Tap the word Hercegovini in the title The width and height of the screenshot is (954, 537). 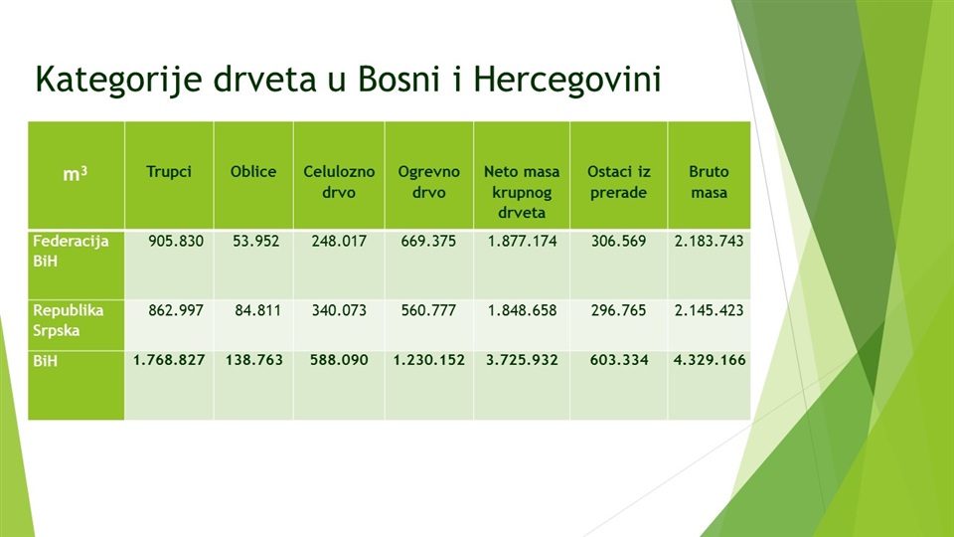click(x=567, y=80)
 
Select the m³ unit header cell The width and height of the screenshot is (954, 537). click(x=76, y=174)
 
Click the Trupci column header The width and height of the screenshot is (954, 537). click(x=169, y=172)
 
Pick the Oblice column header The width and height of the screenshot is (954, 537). click(x=253, y=172)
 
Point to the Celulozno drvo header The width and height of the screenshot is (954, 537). click(x=339, y=182)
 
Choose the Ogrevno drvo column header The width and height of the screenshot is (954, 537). click(x=429, y=182)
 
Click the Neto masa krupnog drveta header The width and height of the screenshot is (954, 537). click(x=522, y=192)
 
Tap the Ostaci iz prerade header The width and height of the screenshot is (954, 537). click(x=619, y=182)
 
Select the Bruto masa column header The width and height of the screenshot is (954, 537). click(x=709, y=182)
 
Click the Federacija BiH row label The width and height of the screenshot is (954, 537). click(x=71, y=251)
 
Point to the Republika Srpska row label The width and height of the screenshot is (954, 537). click(x=69, y=320)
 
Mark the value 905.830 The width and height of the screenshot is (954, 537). click(x=176, y=241)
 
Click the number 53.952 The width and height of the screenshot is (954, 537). click(x=255, y=241)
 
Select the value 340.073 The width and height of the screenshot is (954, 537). click(x=339, y=310)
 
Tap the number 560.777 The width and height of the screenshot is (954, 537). click(x=428, y=310)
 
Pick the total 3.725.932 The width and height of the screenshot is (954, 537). click(x=522, y=360)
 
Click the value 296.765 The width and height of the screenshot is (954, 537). click(x=618, y=310)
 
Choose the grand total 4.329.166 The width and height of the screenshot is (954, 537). click(x=710, y=360)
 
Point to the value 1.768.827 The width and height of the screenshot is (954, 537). click(x=169, y=360)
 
